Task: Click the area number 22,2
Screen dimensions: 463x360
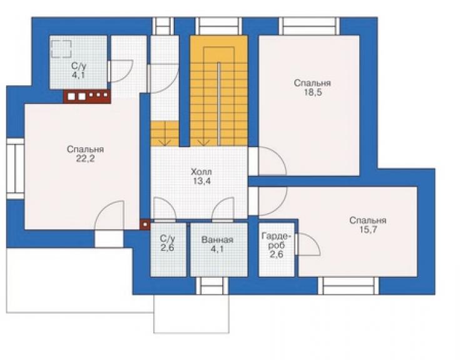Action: [x=85, y=159]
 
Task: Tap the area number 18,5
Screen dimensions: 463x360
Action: [x=313, y=93]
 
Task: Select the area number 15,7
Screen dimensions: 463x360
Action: [x=368, y=230]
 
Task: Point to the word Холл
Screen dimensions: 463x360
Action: [x=201, y=172]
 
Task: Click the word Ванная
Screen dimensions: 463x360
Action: [x=217, y=240]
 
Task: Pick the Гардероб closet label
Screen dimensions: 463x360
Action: [x=277, y=240]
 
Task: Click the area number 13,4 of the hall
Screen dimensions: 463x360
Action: [x=201, y=181]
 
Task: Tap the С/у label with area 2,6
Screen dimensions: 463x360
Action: [x=168, y=243]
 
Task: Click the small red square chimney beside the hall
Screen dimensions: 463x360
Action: [x=145, y=225]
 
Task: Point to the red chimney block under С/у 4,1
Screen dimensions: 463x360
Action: [x=87, y=96]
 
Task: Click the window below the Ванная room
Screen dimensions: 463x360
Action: [x=212, y=286]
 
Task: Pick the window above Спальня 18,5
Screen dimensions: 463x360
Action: [x=309, y=26]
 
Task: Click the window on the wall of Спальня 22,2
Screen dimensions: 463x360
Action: [x=16, y=168]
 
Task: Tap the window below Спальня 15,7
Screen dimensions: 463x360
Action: [x=349, y=286]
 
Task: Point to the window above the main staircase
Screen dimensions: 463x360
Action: [x=219, y=26]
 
